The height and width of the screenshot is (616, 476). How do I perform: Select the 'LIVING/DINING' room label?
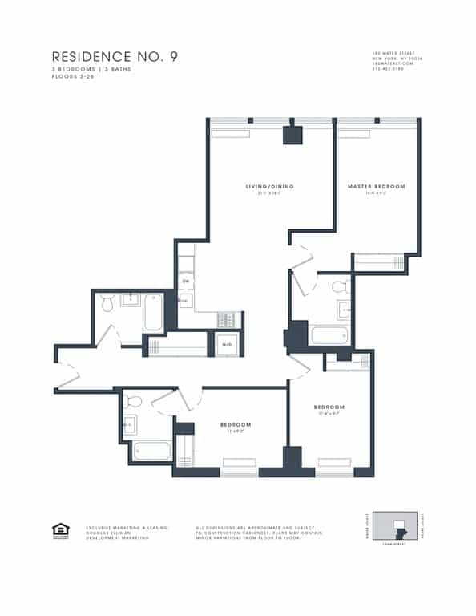[269, 187]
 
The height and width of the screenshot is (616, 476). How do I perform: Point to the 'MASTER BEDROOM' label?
[376, 187]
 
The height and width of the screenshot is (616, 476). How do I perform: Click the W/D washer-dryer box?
[228, 345]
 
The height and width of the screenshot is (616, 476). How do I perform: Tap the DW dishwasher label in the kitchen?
[185, 282]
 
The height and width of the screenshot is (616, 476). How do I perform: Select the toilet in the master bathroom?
[340, 286]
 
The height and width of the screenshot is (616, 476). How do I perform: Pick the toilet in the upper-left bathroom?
[107, 301]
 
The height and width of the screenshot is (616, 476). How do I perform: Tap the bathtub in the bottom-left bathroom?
[151, 451]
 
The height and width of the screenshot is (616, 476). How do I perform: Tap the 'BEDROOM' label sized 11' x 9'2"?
[236, 424]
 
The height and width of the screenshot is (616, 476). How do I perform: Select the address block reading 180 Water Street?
[393, 60]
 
